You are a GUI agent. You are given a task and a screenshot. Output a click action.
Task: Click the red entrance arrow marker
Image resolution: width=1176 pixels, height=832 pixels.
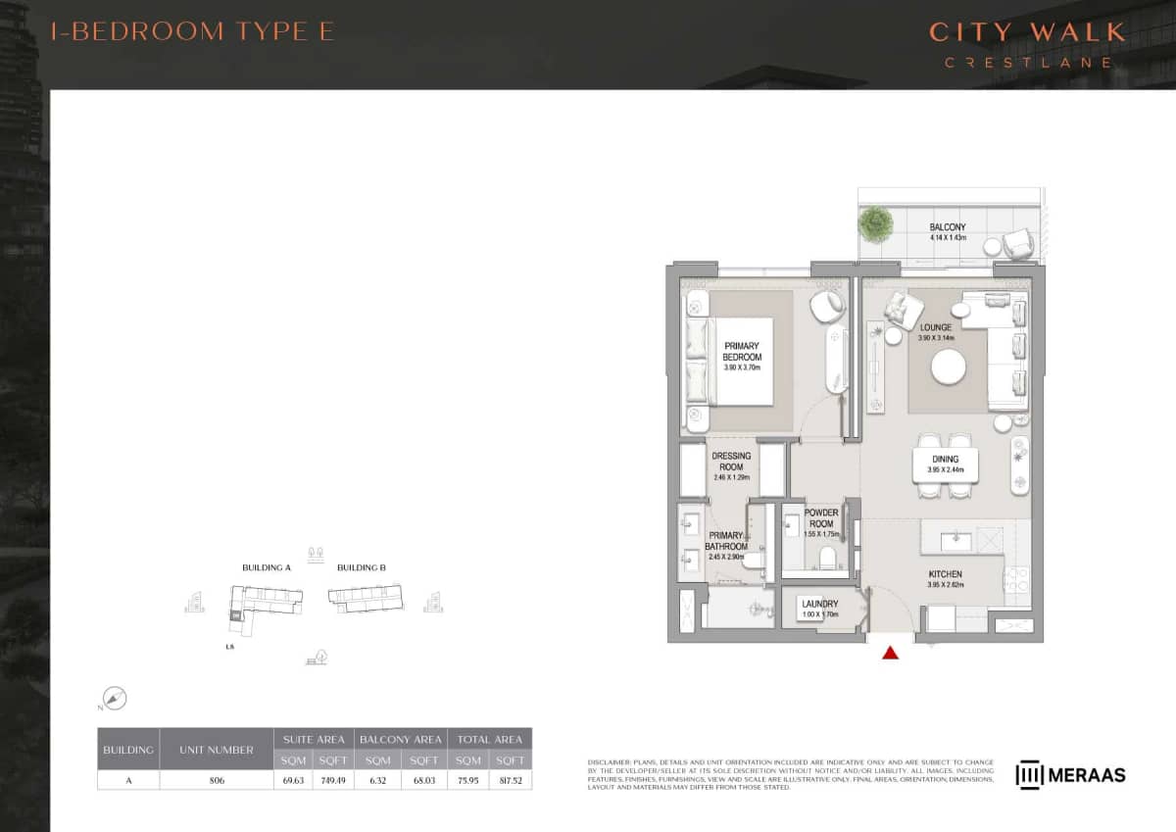click(x=890, y=653)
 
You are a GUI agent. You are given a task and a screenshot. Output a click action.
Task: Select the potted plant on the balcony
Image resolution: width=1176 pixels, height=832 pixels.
click(x=875, y=224)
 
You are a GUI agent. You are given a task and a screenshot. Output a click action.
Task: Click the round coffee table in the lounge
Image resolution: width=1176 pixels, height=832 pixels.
click(x=949, y=368)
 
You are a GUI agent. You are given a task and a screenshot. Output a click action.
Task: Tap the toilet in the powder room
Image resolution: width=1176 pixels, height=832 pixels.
click(x=825, y=558)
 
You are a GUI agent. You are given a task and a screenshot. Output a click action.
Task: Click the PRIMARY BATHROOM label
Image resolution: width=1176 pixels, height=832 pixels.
click(x=727, y=541)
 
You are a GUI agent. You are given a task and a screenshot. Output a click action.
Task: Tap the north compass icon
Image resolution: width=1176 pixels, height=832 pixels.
click(x=116, y=699)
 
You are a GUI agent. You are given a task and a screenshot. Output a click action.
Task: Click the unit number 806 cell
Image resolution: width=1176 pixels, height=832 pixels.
click(x=216, y=780)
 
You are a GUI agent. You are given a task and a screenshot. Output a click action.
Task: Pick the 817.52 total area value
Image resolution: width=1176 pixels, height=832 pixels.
click(x=511, y=780)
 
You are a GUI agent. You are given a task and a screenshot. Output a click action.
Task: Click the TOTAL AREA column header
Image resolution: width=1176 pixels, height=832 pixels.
click(x=489, y=738)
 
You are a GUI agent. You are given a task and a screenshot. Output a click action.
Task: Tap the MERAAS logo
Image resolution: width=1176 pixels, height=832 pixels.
click(x=1070, y=774)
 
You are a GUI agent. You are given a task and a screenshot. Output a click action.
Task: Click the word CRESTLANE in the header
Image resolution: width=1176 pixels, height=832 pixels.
click(x=1027, y=62)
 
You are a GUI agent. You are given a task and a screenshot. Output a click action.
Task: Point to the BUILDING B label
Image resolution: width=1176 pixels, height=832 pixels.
click(x=362, y=567)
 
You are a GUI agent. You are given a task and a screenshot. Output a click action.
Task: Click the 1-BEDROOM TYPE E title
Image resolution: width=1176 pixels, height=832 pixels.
click(x=192, y=30)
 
